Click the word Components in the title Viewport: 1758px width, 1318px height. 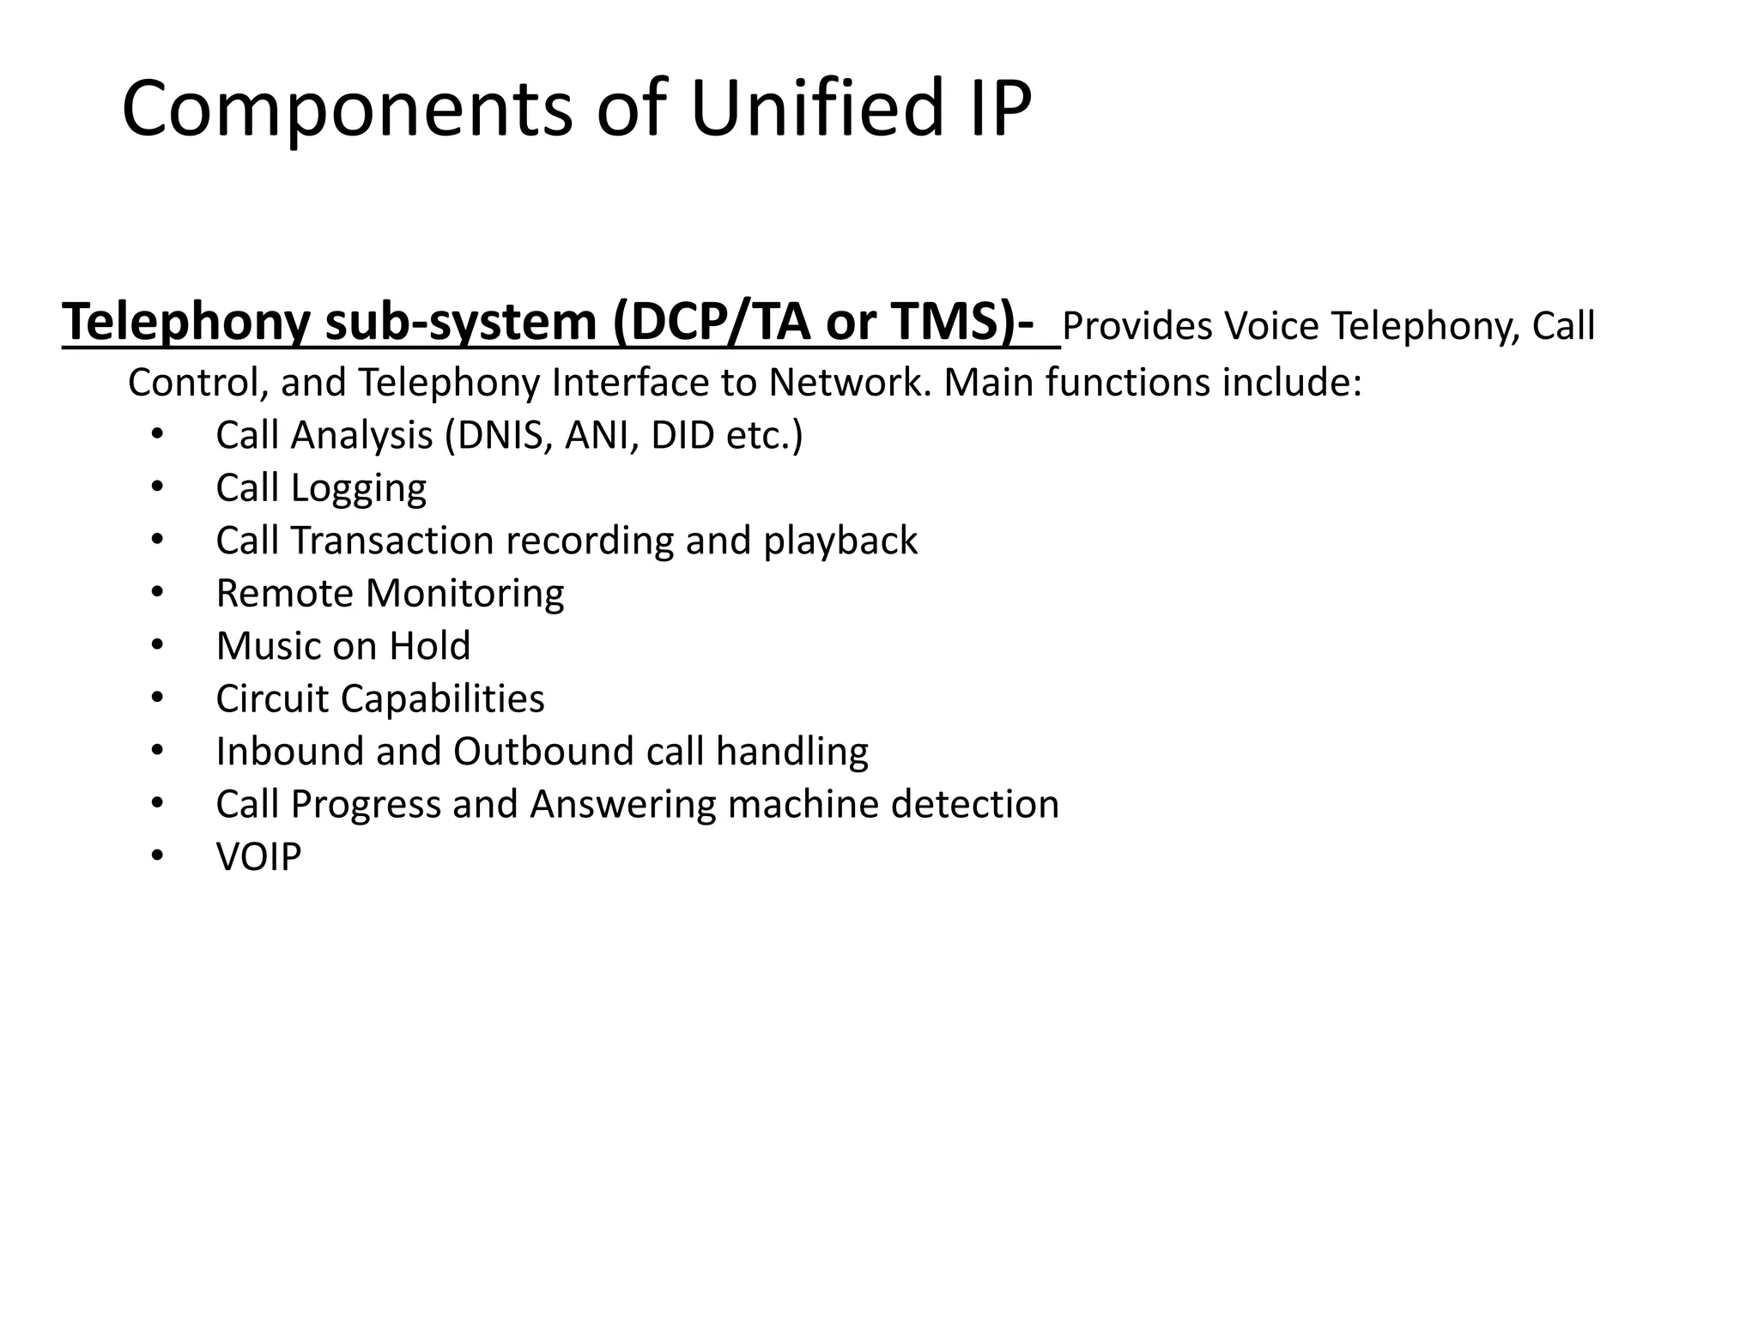point(347,109)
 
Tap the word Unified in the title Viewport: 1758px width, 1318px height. point(816,109)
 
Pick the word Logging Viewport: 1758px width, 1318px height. point(358,489)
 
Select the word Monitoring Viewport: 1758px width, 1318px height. point(465,594)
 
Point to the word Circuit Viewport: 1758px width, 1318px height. point(273,699)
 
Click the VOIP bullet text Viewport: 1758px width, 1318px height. point(259,857)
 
